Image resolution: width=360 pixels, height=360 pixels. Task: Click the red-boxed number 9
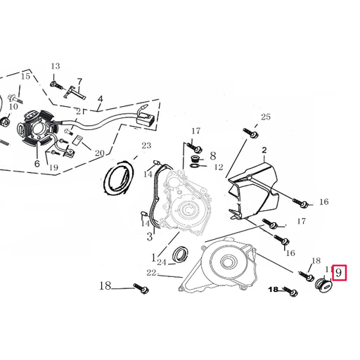click(340, 271)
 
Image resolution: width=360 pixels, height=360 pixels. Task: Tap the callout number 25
click(265, 117)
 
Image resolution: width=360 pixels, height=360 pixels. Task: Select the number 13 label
click(56, 67)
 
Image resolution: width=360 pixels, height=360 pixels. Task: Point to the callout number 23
click(146, 146)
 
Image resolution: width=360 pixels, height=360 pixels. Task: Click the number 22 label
click(151, 272)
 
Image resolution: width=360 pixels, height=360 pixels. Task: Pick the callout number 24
click(162, 262)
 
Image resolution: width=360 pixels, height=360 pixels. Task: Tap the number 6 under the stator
click(37, 163)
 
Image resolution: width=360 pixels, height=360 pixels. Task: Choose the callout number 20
click(99, 153)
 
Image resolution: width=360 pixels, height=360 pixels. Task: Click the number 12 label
click(219, 167)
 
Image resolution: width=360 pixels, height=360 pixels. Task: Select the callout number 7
click(79, 82)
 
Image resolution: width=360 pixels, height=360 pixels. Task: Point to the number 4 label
click(100, 98)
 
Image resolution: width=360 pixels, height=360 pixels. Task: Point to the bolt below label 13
click(54, 84)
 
